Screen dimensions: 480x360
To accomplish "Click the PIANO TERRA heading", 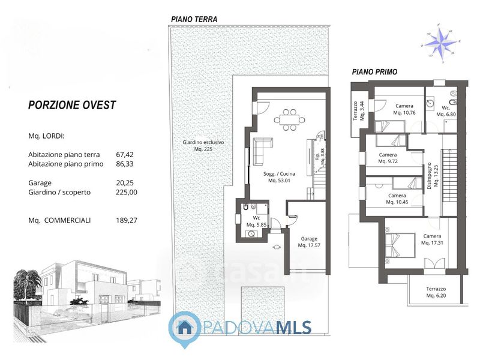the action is point(194,19).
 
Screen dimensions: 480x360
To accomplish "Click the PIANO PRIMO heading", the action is point(374,72).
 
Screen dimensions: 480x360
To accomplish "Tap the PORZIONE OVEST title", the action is point(72,105).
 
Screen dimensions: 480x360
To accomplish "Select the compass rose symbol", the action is point(441,43).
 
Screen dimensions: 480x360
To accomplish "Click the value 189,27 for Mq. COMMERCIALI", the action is point(127,220).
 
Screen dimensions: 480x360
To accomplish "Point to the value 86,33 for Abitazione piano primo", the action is point(125,164).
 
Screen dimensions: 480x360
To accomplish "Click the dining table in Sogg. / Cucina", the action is point(289,119).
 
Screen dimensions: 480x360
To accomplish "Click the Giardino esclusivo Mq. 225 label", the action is point(203,146).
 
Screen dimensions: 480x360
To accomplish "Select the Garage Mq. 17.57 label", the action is point(309,242).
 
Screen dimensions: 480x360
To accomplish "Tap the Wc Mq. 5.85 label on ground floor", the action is point(256,221).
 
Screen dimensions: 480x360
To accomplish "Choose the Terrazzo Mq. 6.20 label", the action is point(436,292).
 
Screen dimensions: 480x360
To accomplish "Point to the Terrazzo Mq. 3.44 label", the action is point(358,111).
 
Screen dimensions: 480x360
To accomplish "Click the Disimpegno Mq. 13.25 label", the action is point(433,175).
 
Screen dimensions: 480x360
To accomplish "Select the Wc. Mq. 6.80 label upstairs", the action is point(446,111).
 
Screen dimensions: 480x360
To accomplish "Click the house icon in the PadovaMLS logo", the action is point(185,328).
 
